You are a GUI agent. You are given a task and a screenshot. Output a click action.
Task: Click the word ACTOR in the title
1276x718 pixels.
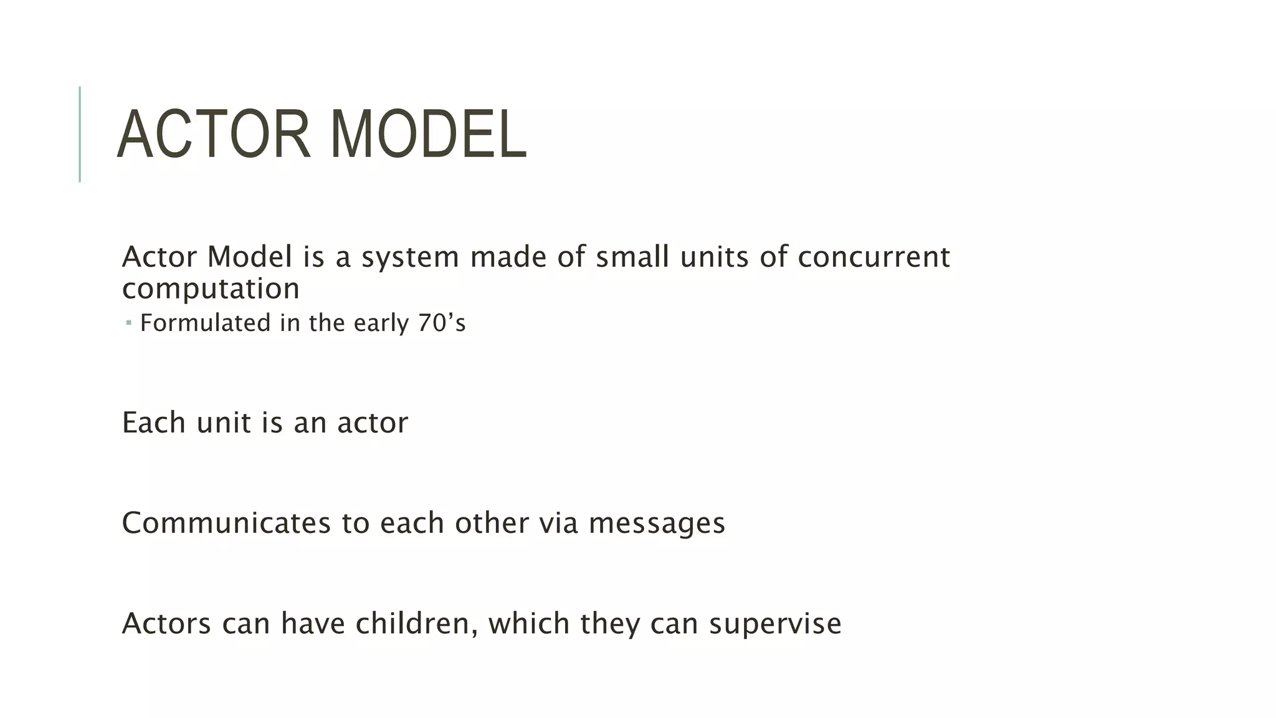coord(213,135)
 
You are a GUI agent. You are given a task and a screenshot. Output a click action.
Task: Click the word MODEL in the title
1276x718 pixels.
coord(428,135)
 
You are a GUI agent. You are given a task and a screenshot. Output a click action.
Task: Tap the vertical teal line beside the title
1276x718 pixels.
coord(80,134)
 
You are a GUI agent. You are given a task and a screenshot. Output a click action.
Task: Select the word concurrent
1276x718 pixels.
coord(874,257)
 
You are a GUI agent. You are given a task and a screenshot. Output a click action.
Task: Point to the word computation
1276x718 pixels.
coord(211,289)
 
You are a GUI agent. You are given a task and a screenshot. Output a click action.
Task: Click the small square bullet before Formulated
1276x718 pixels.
coord(128,323)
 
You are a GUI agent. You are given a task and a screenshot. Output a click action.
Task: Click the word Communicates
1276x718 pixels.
coord(226,523)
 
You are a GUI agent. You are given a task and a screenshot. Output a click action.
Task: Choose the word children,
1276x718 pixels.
coord(416,623)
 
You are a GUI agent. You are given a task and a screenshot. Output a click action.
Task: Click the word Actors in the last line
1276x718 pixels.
coord(166,623)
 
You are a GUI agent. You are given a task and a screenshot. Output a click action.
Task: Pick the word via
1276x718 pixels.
coord(558,523)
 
